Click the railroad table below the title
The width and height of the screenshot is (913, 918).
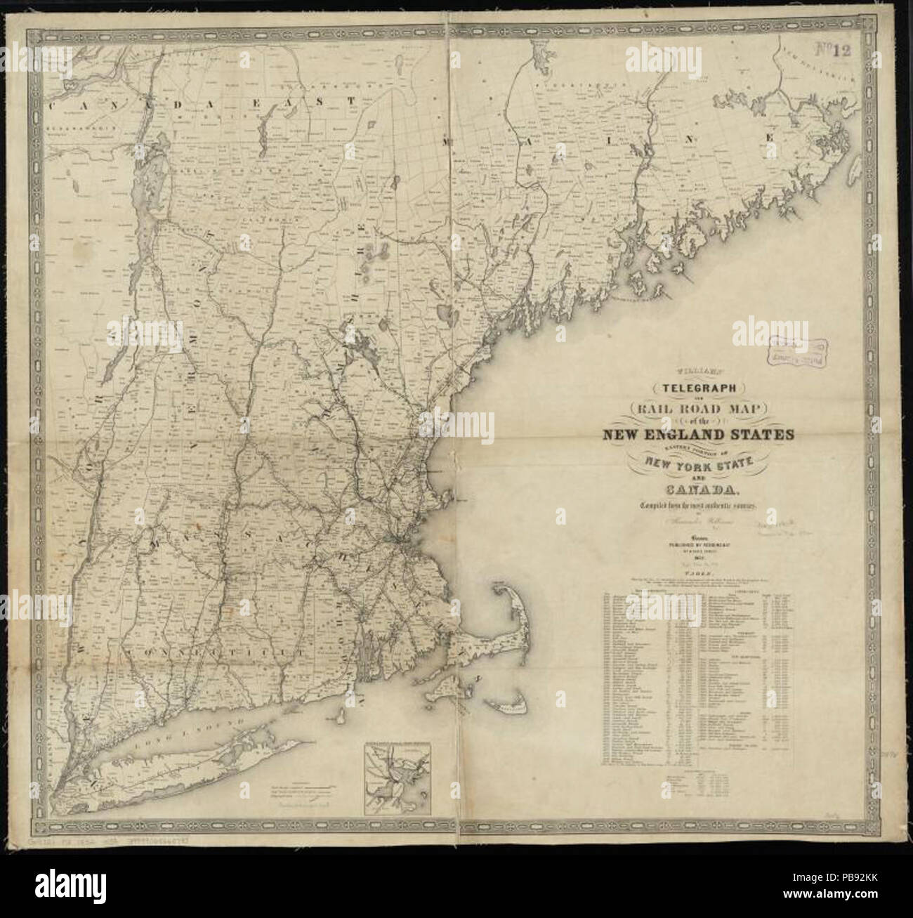click(695, 674)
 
